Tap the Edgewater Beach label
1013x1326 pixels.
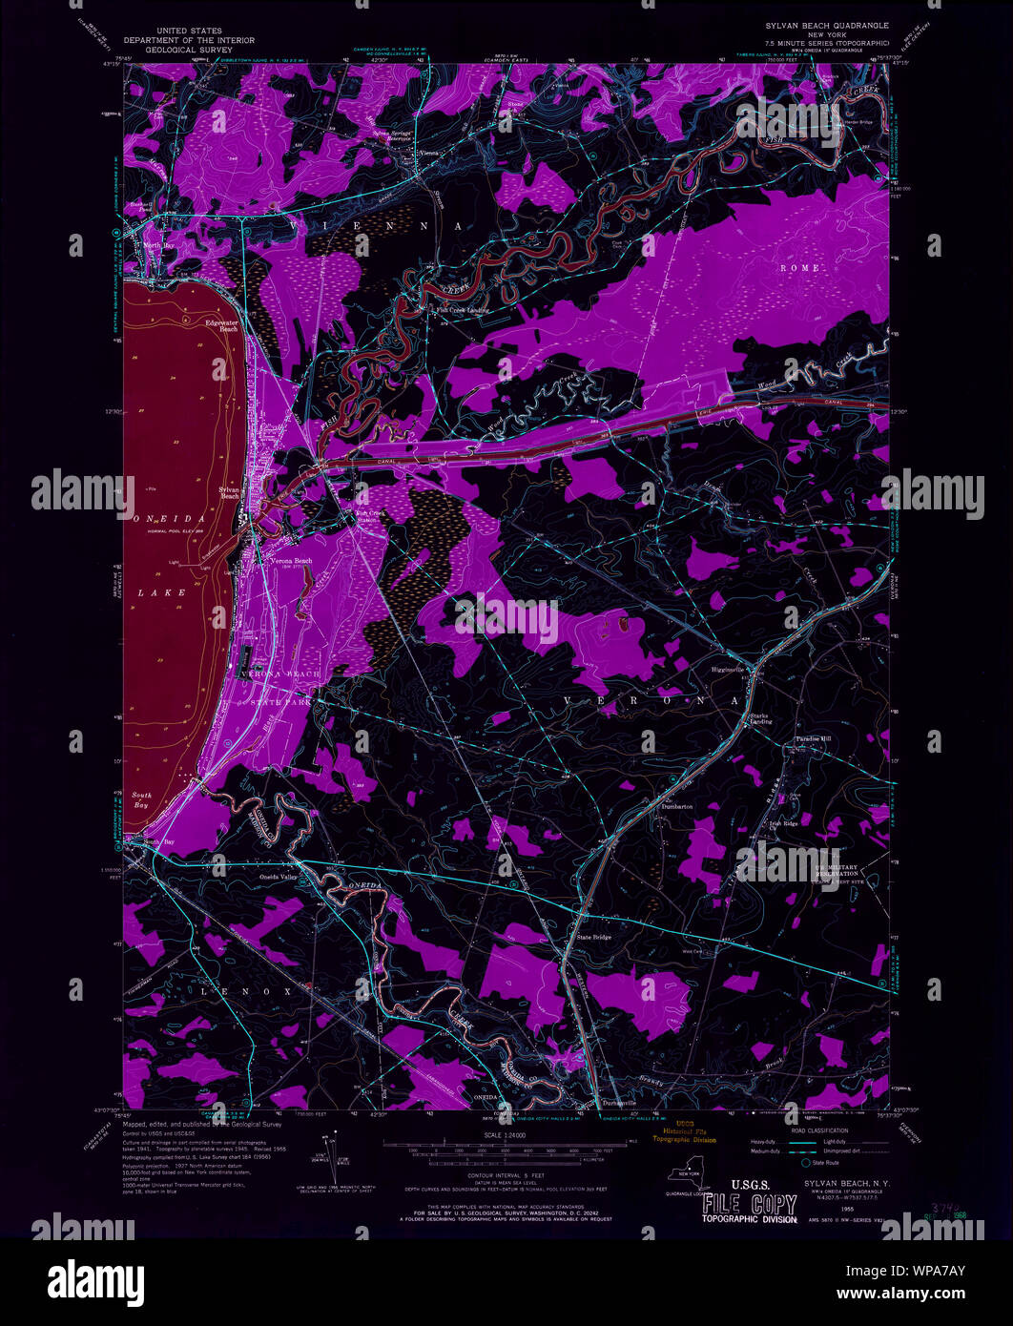(x=220, y=326)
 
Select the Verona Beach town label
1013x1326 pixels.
(x=291, y=561)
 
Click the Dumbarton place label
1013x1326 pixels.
(x=675, y=807)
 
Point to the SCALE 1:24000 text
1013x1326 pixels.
(x=506, y=1135)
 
